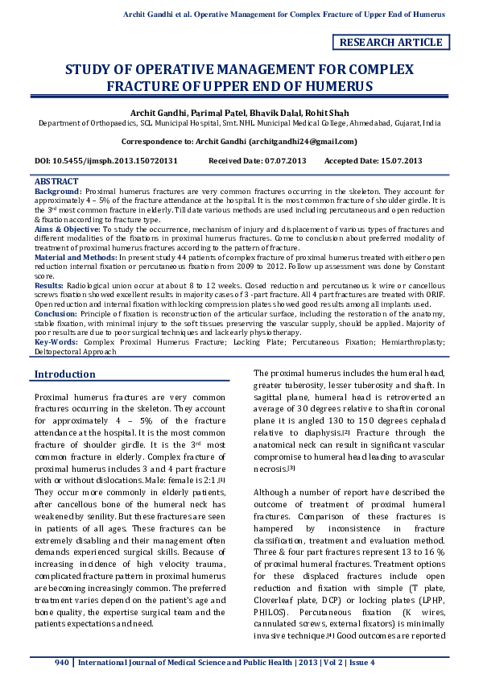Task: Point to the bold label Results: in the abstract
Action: pos(47,284)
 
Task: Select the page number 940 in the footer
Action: pos(62,663)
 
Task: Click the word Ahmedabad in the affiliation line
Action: pos(365,124)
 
